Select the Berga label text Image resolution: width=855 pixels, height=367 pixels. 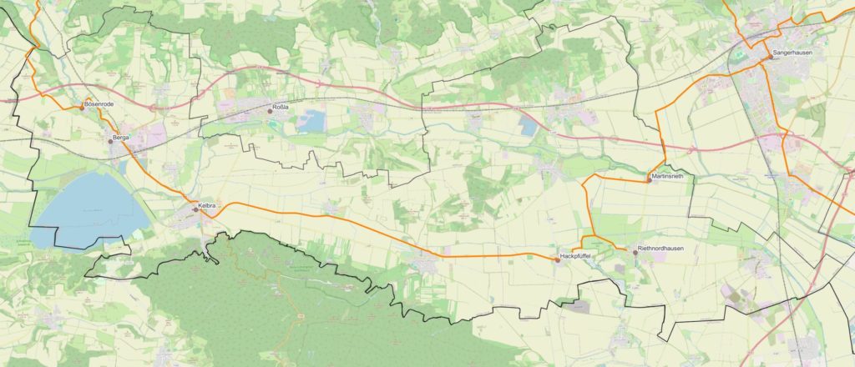[122, 136]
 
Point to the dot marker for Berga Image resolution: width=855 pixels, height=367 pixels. [109, 141]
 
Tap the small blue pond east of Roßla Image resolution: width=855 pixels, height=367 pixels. [312, 122]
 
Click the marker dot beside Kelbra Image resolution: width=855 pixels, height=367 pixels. [195, 209]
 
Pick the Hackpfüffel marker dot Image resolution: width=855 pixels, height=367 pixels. [557, 259]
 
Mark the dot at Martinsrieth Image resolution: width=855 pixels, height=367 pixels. [648, 181]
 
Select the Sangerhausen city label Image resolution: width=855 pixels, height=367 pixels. [792, 52]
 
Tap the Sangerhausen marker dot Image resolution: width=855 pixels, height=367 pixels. [769, 57]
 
